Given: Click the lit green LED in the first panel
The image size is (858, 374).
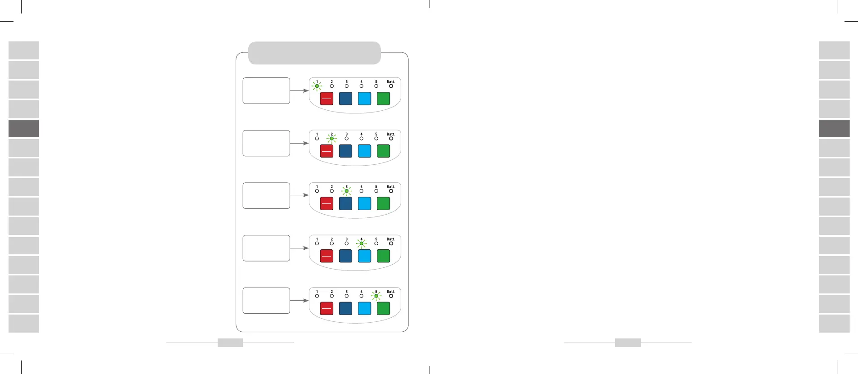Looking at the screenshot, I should pos(317,86).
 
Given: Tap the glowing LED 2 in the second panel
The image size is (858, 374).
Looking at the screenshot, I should pos(332,139).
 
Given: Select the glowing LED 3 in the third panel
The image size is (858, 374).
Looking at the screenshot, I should pos(346,191).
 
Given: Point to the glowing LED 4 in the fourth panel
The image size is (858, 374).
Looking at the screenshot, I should pos(362,243).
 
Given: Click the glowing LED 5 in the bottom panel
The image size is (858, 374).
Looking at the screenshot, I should pos(376,296).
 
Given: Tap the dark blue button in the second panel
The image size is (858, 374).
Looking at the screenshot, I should pos(345,151).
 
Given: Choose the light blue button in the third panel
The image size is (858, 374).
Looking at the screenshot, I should pos(364,203).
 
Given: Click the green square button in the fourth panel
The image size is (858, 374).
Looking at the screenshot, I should pos(383,256).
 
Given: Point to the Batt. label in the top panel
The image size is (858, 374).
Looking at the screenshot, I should pos(391,82).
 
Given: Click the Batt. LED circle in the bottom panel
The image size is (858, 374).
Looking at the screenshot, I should pos(391,296).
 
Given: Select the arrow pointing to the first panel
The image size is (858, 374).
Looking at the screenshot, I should pos(299,90).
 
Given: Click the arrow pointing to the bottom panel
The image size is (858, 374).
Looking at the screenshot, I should pos(299,301).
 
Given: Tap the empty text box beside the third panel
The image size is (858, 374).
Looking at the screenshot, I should pos(266,196).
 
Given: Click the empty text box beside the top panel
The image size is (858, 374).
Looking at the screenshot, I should pos(266,90).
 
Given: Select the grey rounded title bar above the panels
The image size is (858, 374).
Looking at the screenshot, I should pos(314,53).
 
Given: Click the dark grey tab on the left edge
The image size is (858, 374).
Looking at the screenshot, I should pos(24,128).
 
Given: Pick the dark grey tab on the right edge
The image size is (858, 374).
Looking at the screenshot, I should pos(834,128).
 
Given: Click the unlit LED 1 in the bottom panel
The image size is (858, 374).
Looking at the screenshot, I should pos(317,296).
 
